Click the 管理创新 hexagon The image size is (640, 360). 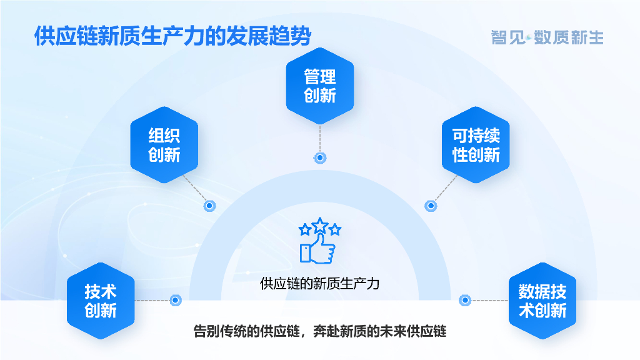pyautogui.click(x=320, y=86)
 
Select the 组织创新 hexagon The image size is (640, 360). pyautogui.click(x=164, y=145)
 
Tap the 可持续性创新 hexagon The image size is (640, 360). pyautogui.click(x=476, y=145)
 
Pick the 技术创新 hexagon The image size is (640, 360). pyautogui.click(x=101, y=301)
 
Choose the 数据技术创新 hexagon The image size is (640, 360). pyautogui.click(x=542, y=301)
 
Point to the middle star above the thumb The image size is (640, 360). pyautogui.click(x=320, y=224)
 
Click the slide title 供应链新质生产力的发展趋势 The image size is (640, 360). pyautogui.click(x=172, y=36)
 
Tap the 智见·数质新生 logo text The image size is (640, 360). pyautogui.click(x=547, y=37)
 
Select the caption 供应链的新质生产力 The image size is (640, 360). pyautogui.click(x=320, y=284)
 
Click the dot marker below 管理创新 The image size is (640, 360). pyautogui.click(x=320, y=158)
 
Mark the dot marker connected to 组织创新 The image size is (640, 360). pyautogui.click(x=210, y=206)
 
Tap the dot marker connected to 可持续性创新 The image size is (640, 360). pyautogui.click(x=430, y=206)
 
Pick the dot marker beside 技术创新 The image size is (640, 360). pyautogui.click(x=176, y=301)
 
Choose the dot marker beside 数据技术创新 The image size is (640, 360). pyautogui.click(x=464, y=301)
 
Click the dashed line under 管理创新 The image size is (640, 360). pyautogui.click(x=320, y=137)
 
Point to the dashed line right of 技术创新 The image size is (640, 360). pyautogui.click(x=152, y=301)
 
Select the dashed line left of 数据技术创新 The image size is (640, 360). pyautogui.click(x=487, y=301)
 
